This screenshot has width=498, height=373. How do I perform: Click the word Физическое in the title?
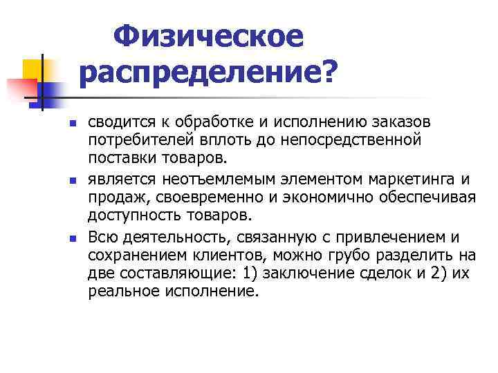pyautogui.click(x=208, y=37)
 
